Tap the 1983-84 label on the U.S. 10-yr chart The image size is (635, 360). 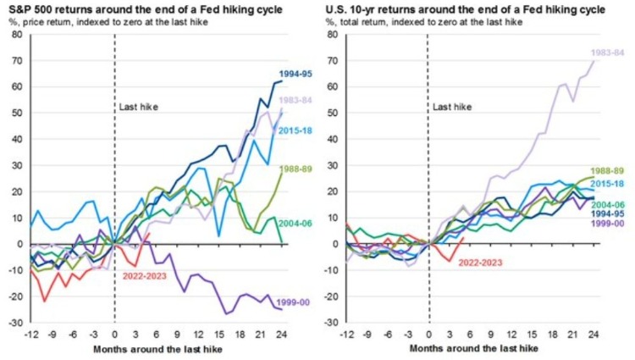[x=608, y=53]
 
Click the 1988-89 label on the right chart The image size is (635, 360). [x=608, y=170]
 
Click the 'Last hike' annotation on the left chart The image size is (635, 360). [x=139, y=107]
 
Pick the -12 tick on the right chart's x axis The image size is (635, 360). [x=345, y=335]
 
